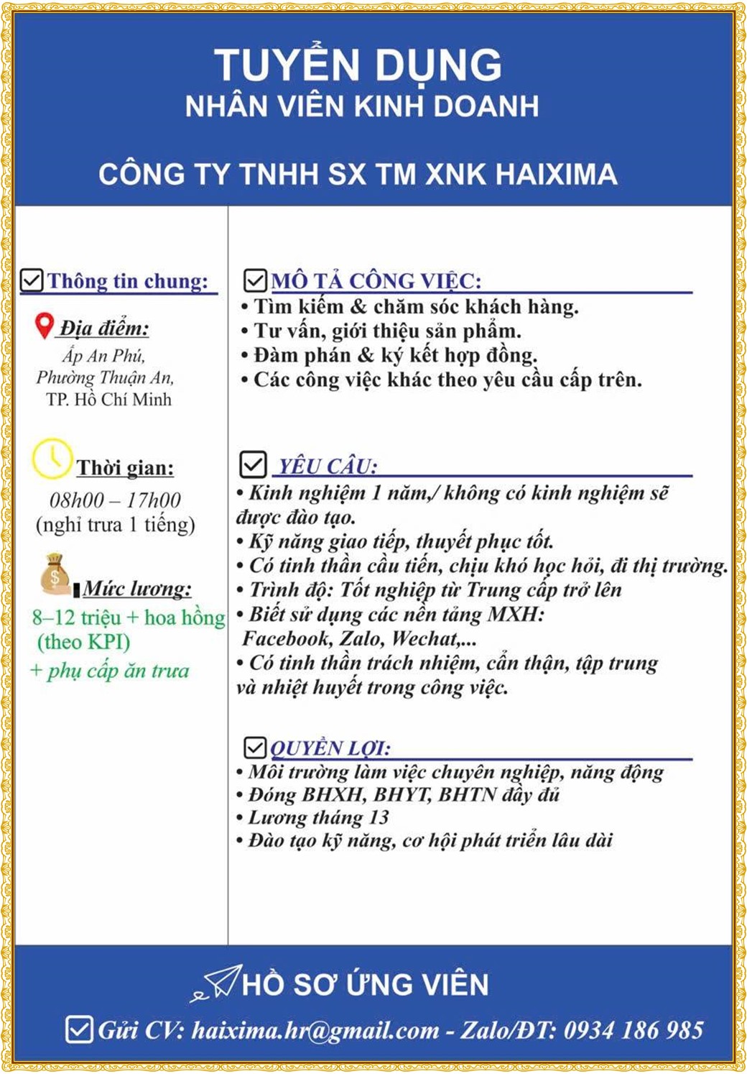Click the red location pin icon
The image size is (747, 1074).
coord(45,326)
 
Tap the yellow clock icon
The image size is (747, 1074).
coord(52,459)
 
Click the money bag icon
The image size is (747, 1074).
coord(55,574)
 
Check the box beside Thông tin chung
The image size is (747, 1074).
coord(32,280)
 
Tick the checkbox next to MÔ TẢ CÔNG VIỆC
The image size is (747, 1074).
coord(255,280)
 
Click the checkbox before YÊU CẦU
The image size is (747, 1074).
coord(253,464)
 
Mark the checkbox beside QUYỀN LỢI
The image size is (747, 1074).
coord(255,748)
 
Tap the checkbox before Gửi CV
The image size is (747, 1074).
coord(79,1029)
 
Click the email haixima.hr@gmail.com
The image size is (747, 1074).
coord(315,1031)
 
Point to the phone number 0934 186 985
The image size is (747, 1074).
coord(633,1030)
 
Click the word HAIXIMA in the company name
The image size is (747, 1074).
coord(556,175)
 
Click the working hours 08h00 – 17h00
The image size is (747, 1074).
coord(115,500)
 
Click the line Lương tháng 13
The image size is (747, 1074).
coord(318,817)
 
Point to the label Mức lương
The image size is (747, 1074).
coord(136,589)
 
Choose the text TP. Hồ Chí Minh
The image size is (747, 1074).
coord(108,400)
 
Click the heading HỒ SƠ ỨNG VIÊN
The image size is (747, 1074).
coord(365,984)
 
